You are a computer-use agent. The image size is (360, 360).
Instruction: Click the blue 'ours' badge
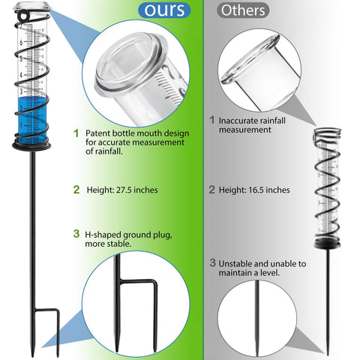[164, 10]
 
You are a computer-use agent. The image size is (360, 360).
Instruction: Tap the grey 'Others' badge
[243, 10]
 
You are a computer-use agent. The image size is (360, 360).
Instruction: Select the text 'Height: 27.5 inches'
[122, 190]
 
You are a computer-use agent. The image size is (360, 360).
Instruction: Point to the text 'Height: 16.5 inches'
[254, 190]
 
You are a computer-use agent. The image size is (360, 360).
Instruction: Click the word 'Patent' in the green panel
[97, 133]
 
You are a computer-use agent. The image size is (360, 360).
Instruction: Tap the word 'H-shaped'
[103, 235]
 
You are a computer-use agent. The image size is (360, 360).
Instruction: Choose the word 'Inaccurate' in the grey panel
[236, 121]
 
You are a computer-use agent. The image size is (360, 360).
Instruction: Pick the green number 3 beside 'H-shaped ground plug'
[76, 234]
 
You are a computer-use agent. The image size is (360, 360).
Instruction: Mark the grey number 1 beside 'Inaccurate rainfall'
[212, 120]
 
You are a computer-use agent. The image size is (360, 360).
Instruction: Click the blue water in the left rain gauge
[32, 120]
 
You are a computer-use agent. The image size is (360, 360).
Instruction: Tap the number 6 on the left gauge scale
[21, 43]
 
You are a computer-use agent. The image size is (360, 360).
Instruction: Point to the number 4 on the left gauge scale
[21, 75]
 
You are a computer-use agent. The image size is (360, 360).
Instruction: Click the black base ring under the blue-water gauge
[31, 146]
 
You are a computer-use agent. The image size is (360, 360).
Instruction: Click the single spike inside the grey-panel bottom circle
[257, 318]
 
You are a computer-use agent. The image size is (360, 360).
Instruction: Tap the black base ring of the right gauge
[327, 244]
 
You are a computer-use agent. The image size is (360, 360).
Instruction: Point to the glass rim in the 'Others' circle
[250, 60]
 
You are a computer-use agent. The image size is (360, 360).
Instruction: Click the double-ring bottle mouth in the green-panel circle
[130, 62]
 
